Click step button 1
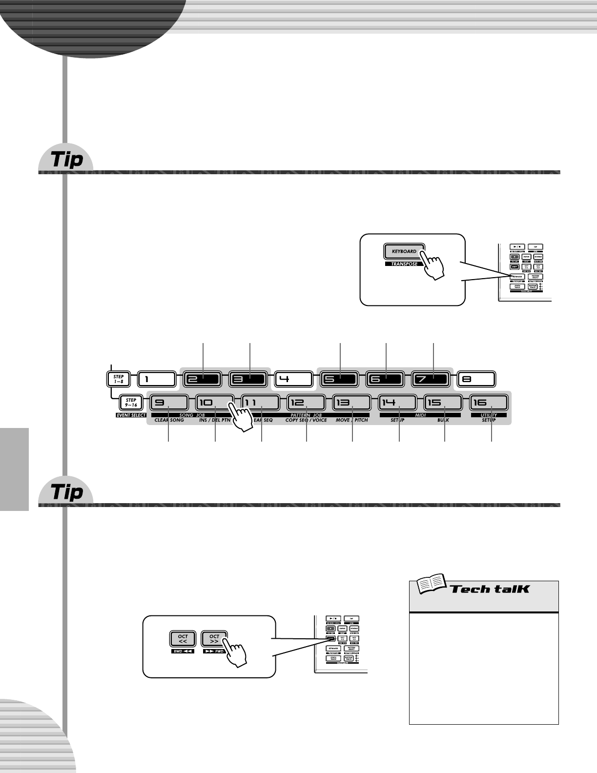(x=156, y=379)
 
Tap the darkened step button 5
(x=340, y=379)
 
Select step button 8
(x=476, y=379)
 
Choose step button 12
(x=306, y=403)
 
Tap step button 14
(x=397, y=403)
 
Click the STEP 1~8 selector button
(x=119, y=379)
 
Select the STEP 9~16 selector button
(x=131, y=403)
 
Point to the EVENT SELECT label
(x=131, y=415)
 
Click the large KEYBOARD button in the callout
(x=404, y=251)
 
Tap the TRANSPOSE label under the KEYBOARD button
(x=404, y=264)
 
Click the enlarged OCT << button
(x=183, y=639)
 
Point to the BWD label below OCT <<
(x=183, y=651)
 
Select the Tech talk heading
(x=490, y=589)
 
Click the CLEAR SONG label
(x=169, y=420)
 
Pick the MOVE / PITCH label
(x=352, y=420)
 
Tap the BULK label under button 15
(x=443, y=420)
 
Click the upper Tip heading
(x=67, y=160)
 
